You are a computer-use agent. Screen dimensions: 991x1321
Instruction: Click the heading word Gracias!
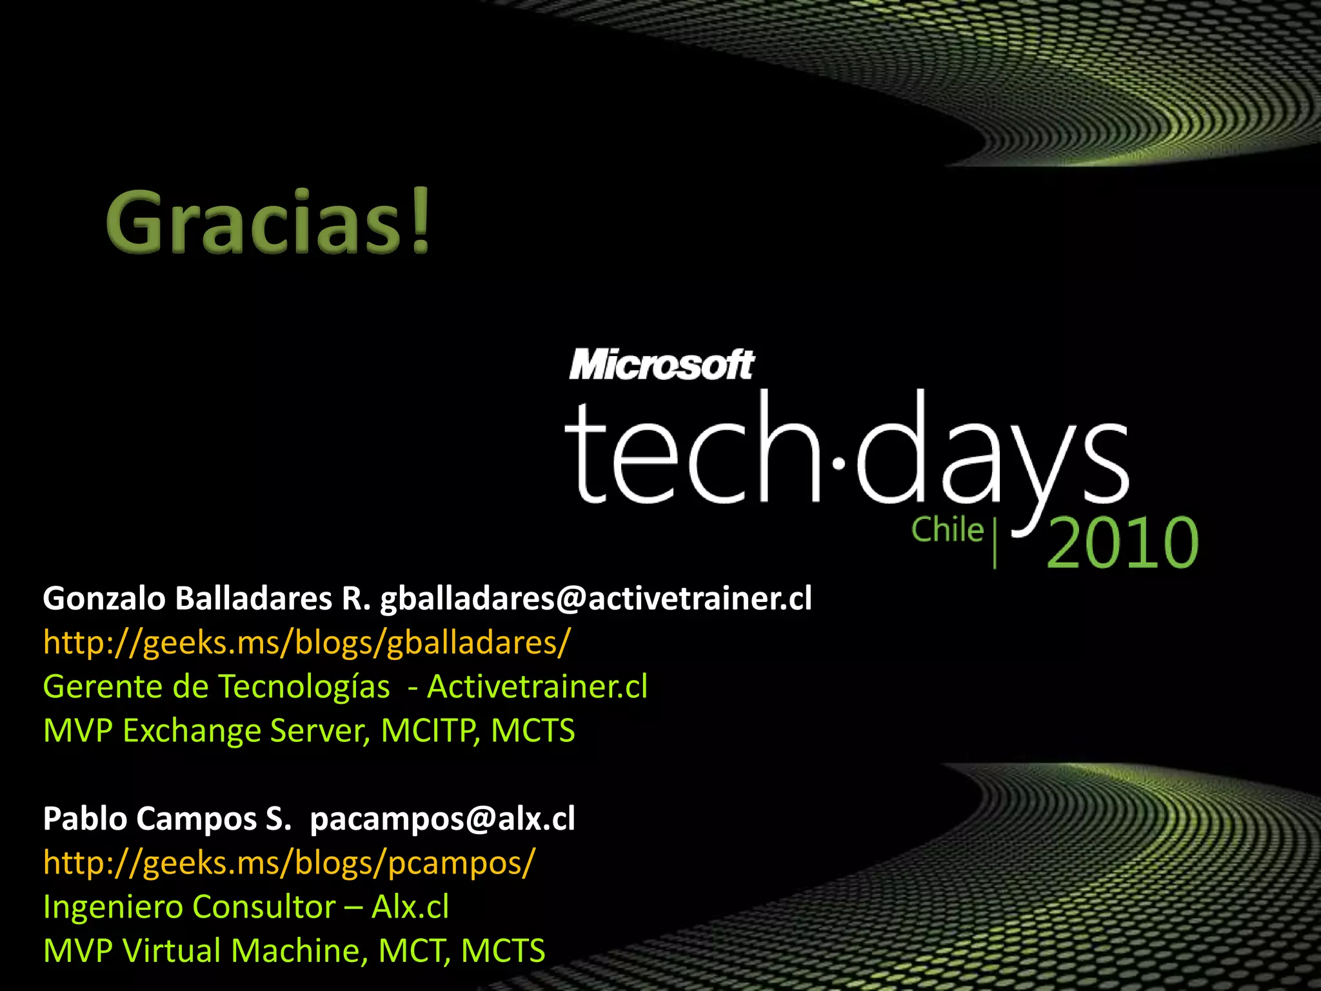point(268,221)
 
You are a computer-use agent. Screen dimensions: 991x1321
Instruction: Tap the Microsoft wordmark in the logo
point(661,365)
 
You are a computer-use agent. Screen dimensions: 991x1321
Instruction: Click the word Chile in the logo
point(947,530)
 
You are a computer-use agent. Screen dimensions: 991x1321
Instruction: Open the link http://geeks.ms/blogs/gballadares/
point(306,643)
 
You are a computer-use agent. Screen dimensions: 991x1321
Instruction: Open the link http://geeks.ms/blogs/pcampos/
point(289,863)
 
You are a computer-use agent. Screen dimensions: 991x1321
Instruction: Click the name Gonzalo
point(104,599)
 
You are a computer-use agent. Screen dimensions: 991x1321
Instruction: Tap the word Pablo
point(85,819)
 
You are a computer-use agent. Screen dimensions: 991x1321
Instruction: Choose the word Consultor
point(264,907)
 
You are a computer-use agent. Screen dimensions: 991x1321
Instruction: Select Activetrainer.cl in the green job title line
point(537,686)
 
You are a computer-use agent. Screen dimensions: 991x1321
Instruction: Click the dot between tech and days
point(839,463)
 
